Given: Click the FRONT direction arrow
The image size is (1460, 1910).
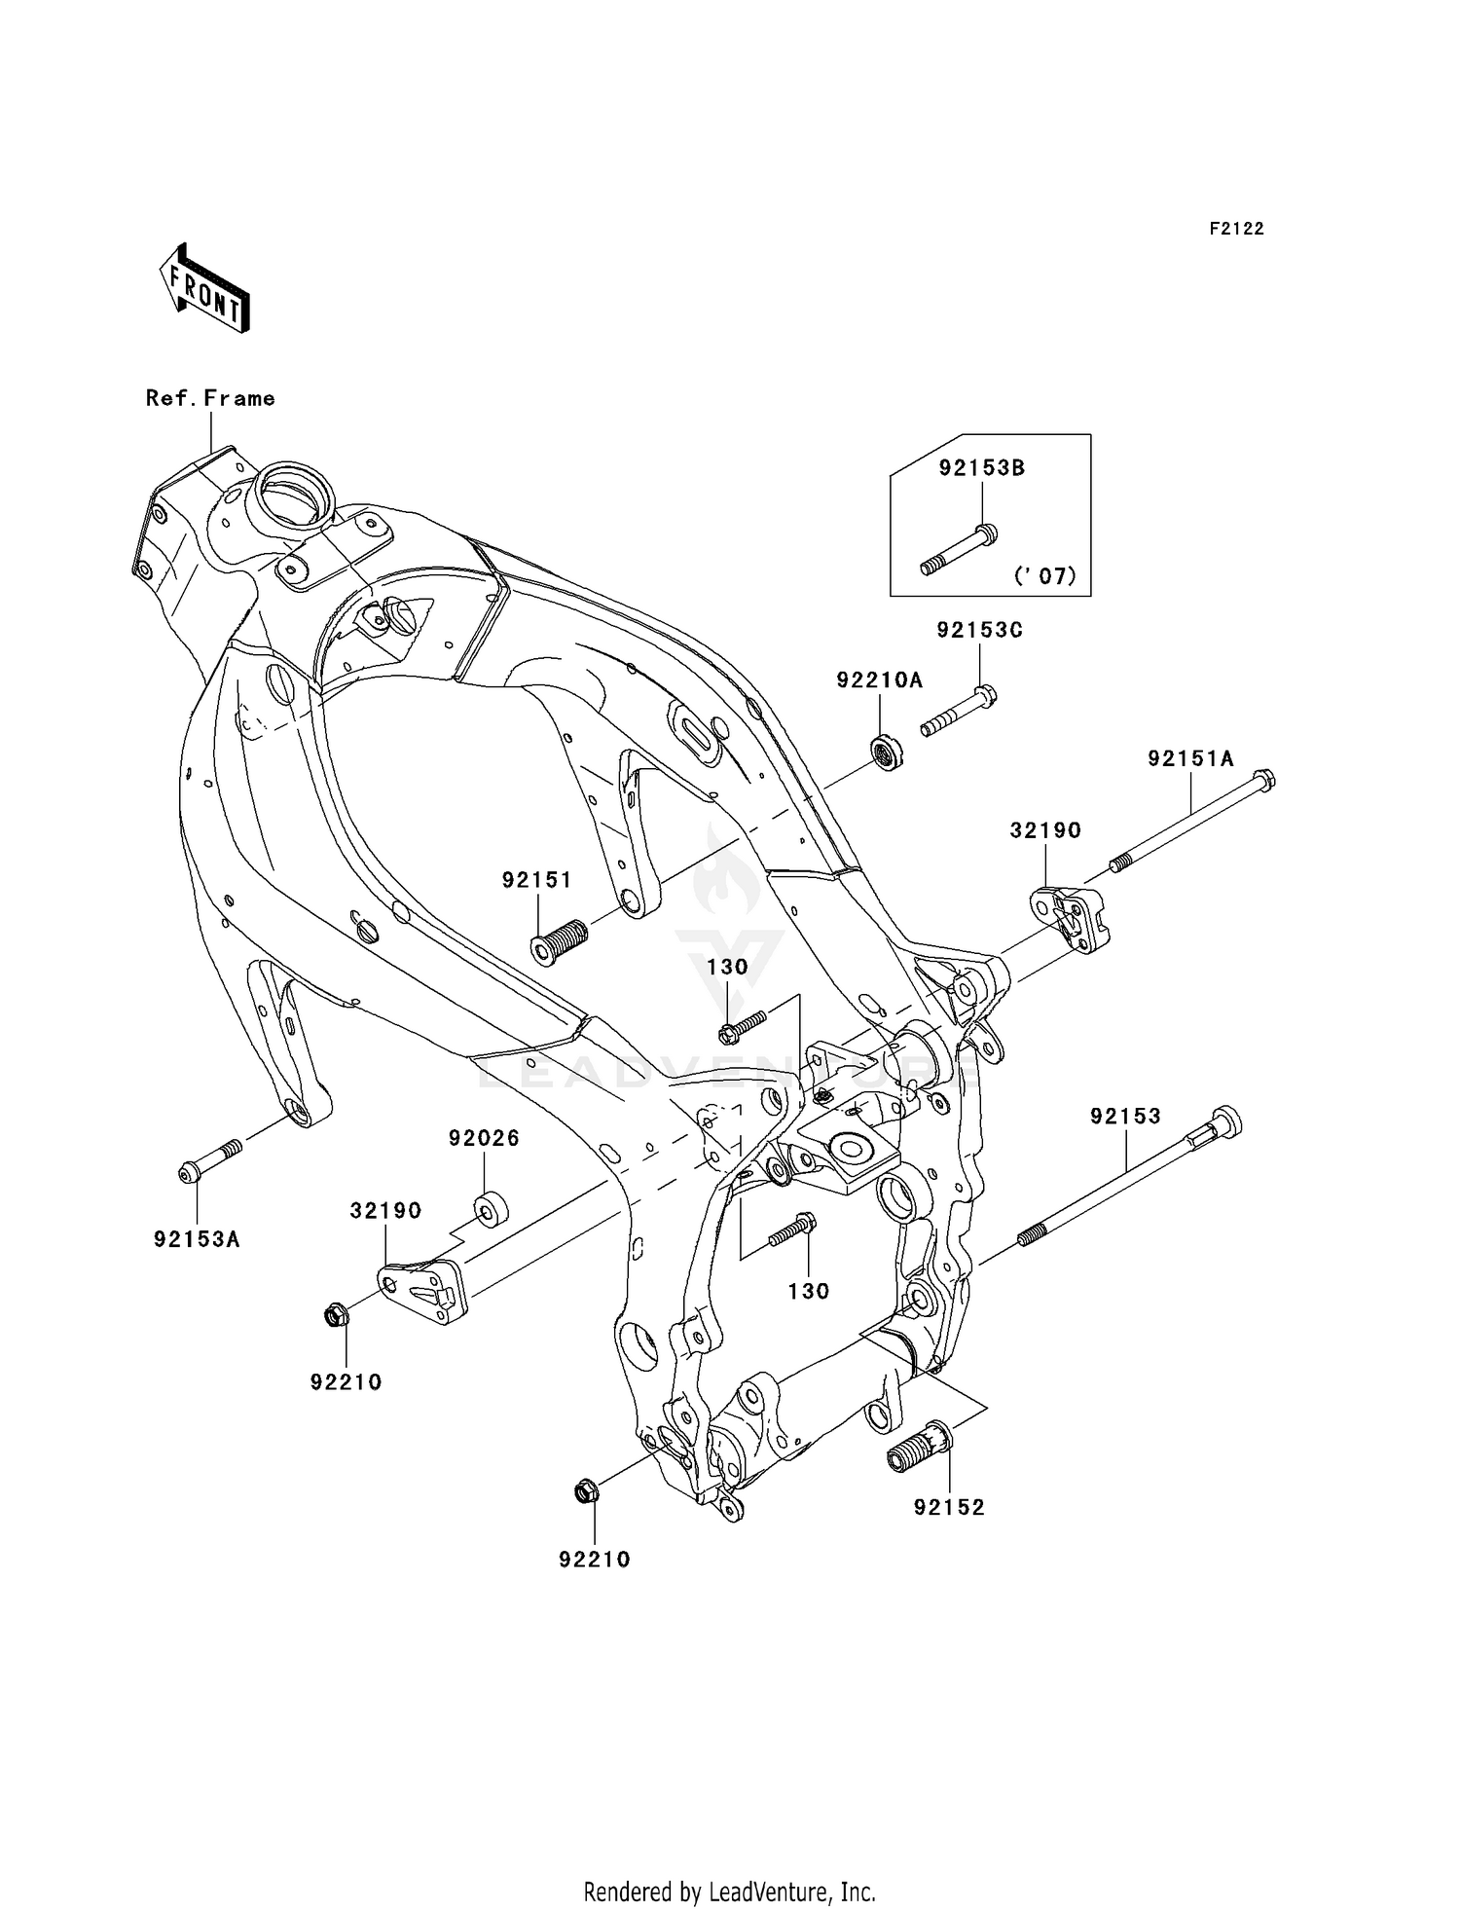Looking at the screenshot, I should coord(205,288).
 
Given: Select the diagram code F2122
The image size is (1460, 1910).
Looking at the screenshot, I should coord(1236,229).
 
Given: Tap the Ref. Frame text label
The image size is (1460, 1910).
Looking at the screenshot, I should coord(210,398).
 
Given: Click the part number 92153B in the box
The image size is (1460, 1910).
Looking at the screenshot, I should coord(981,468).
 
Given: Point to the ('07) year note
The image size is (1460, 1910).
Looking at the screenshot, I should coord(1045,576).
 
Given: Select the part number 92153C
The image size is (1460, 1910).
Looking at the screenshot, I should coord(979,631).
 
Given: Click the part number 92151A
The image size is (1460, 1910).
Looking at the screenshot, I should coord(1189,759).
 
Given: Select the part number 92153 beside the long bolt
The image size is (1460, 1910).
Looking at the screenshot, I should coord(1125,1118).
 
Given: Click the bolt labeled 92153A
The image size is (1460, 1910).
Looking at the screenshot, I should coord(209,1161).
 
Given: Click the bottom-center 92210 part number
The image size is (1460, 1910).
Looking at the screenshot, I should coord(594,1560).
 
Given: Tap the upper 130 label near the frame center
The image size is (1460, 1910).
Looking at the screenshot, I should coord(727,968).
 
